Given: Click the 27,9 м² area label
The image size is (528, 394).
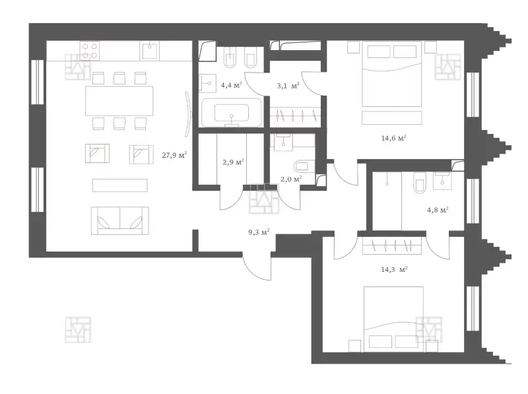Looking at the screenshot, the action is (x=174, y=155).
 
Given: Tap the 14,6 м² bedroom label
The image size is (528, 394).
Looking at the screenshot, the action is (x=393, y=138).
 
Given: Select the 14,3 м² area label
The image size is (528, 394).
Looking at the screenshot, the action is (x=394, y=269).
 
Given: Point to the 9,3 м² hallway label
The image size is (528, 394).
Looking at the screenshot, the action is (x=259, y=232).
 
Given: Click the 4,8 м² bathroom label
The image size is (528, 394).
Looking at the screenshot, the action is (x=438, y=210).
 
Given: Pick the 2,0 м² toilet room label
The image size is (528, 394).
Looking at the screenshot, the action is (x=291, y=179).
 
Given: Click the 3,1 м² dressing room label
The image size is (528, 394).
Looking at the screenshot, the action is (x=288, y=86).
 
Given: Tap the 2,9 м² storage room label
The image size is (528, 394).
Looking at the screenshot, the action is (x=233, y=162).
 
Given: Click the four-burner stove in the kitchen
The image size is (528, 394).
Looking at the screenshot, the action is (x=90, y=51).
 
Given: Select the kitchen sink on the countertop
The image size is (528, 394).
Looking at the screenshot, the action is (x=150, y=51).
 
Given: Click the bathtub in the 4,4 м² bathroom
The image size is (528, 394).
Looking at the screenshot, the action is (x=232, y=112).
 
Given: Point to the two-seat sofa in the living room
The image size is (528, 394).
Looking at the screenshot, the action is (x=120, y=220).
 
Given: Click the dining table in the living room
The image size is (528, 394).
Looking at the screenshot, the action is (x=119, y=101).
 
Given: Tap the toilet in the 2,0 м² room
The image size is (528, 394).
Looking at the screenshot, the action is (x=304, y=166).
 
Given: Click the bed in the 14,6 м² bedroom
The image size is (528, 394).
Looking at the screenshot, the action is (x=392, y=74).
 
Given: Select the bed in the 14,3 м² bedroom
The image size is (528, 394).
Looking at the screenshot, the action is (x=393, y=319).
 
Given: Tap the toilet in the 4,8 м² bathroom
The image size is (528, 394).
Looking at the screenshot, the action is (x=420, y=183).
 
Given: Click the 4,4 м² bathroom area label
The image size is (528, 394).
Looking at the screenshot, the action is (x=232, y=85).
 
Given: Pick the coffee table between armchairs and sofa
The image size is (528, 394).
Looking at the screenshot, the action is (x=120, y=185).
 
